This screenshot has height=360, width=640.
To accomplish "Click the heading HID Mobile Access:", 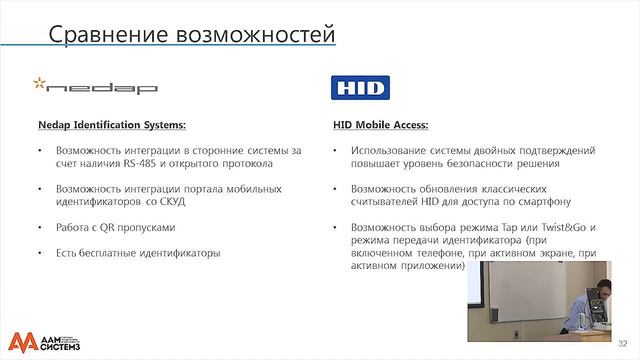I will tap(380, 126).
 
